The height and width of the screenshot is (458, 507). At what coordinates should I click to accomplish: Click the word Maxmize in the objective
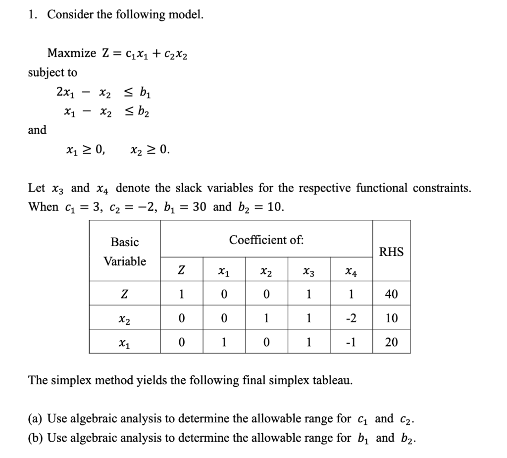click(69, 53)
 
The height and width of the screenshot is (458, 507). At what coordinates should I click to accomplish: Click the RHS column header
click(391, 252)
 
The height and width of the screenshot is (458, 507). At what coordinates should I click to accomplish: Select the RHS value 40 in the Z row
click(391, 295)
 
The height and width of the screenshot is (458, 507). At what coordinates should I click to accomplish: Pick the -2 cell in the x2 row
click(352, 318)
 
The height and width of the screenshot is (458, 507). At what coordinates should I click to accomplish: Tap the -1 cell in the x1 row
click(352, 342)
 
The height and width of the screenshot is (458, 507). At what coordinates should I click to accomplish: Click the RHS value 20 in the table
click(391, 342)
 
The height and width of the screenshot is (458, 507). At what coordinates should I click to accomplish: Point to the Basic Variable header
click(125, 252)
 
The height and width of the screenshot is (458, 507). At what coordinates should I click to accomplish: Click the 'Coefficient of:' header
click(266, 240)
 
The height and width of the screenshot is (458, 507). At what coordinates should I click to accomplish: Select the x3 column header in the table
click(309, 271)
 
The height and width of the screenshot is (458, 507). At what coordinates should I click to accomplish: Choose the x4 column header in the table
click(351, 271)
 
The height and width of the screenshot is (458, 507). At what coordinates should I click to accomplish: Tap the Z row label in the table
click(125, 295)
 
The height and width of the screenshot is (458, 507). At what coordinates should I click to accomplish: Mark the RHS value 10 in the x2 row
click(391, 318)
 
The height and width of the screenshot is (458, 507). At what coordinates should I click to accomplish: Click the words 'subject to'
click(52, 73)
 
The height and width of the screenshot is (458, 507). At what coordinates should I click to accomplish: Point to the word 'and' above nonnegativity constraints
click(37, 130)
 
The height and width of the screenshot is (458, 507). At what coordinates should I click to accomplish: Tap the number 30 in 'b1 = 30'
click(199, 206)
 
